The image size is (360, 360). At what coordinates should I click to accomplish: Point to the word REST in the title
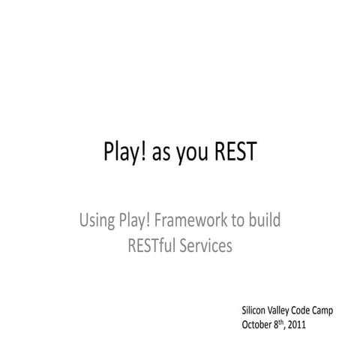click(235, 152)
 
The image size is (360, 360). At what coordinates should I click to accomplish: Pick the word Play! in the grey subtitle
click(135, 221)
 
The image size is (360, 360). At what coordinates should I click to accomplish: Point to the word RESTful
click(154, 244)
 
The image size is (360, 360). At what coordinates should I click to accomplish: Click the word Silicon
click(253, 310)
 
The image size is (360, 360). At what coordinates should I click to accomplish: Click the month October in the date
click(256, 325)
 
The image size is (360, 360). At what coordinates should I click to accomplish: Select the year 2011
click(298, 325)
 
